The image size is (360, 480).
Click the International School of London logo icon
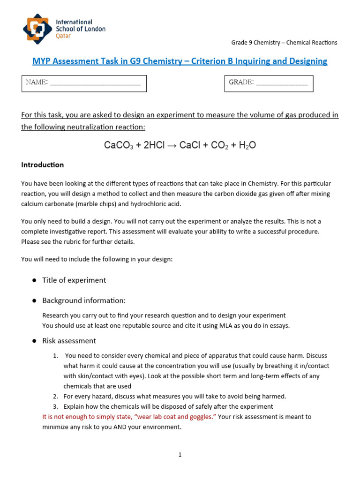37,29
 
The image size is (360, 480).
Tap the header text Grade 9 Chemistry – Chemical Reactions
284,43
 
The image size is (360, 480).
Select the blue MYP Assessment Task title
180,61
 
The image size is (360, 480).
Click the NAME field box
84,83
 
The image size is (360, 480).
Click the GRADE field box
269,83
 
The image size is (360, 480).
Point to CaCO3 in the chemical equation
118,146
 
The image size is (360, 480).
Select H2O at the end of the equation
247,146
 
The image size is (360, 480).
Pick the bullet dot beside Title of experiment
34,280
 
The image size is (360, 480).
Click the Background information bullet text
84,300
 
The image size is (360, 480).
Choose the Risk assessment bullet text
69,341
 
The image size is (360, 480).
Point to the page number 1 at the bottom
180,455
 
